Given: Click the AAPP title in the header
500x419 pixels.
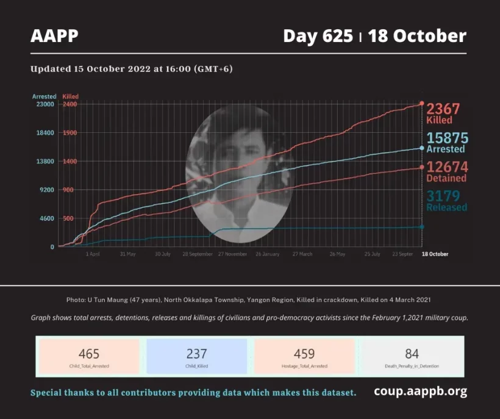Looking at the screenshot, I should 54,36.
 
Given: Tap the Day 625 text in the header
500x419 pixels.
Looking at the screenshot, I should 318,36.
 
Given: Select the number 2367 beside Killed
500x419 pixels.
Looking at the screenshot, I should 443,109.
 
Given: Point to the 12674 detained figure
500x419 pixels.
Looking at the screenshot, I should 446,167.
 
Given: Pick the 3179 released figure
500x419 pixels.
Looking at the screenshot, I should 443,196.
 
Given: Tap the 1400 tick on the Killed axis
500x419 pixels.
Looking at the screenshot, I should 69,161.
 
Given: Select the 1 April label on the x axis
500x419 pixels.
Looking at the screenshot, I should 93,254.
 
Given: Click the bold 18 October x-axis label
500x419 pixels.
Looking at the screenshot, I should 435,254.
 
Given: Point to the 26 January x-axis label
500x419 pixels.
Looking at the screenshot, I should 267,254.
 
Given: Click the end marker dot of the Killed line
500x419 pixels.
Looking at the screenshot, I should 421,104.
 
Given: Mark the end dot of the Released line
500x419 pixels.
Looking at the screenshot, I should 421,227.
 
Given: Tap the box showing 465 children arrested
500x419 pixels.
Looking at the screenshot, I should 89,356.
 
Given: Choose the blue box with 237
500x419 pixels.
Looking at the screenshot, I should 196,356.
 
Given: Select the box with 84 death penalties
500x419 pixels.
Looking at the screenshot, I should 412,356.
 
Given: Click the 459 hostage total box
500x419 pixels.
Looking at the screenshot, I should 304,356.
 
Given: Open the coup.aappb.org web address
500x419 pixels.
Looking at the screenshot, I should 420,392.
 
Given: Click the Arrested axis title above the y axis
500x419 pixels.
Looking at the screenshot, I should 44,96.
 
